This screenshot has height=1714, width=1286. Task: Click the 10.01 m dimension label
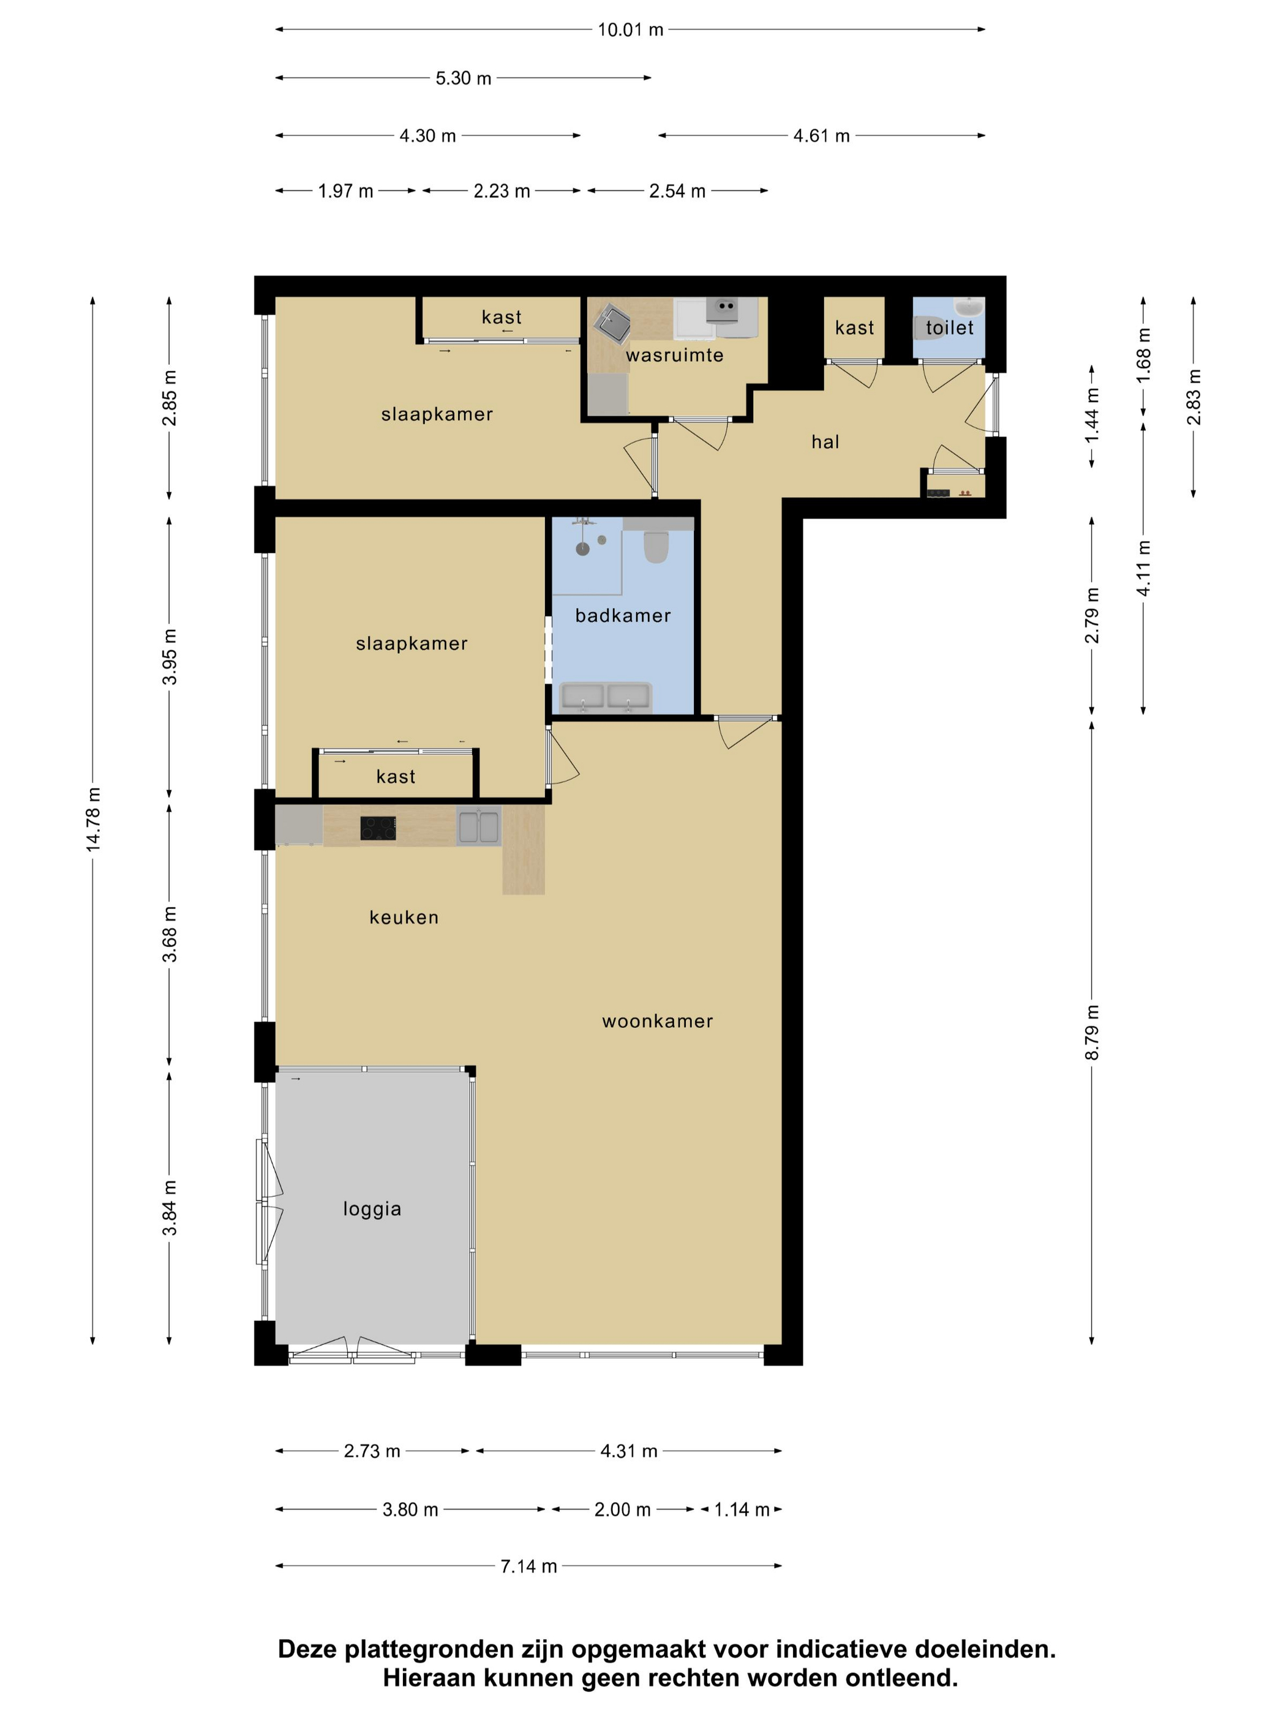pos(630,29)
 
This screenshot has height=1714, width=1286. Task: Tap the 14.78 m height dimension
pos(93,819)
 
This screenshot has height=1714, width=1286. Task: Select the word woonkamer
pos(657,1020)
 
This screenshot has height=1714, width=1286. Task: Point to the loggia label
pos(372,1209)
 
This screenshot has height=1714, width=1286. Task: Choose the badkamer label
pos(622,615)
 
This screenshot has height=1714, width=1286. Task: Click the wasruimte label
pos(674,355)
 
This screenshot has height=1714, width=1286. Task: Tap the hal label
pos(825,442)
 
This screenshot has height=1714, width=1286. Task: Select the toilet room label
pos(950,327)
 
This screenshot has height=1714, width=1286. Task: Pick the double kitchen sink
pos(478,826)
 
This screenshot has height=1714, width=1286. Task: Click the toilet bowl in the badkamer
pos(656,546)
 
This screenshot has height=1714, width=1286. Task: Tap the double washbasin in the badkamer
pos(606,697)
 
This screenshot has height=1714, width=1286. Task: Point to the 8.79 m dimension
pos(1091,1032)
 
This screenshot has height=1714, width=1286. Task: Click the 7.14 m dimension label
pos(528,1566)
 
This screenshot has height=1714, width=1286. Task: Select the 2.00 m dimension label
pos(622,1510)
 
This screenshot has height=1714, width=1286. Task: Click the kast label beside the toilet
pos(854,327)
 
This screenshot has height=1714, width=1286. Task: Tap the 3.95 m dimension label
pos(170,656)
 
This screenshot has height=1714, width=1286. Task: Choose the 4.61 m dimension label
pos(821,136)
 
